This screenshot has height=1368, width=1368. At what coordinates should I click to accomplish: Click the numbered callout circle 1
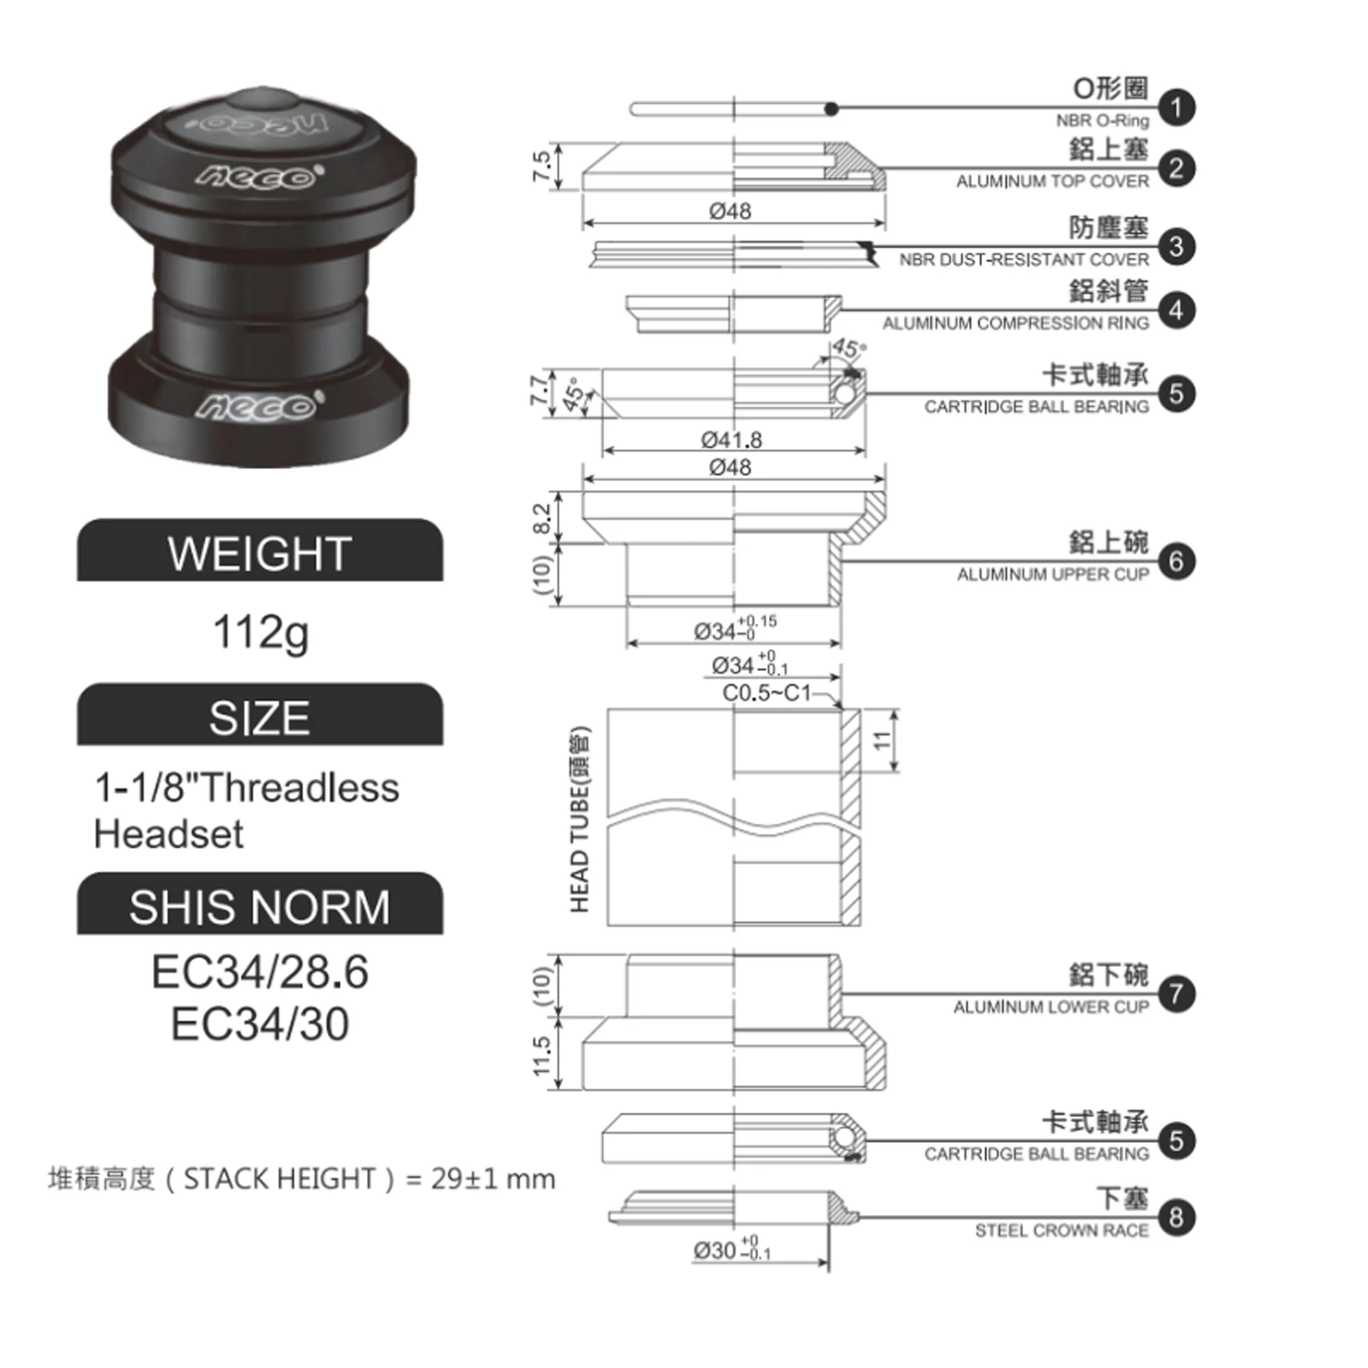coord(1176,108)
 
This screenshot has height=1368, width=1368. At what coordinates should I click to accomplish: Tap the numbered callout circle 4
coord(1176,310)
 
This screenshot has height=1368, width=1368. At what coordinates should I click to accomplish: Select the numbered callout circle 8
coord(1176,1217)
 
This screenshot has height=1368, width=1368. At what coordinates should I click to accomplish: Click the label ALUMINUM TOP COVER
coord(1053,181)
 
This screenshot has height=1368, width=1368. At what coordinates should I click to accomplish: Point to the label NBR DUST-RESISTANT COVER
coord(1023,259)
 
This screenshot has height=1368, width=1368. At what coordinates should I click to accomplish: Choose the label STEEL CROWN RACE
coord(1062,1230)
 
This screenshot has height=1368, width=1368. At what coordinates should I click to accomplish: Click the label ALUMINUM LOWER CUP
coord(1051,1007)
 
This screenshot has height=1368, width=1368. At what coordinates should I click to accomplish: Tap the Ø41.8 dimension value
coord(731,439)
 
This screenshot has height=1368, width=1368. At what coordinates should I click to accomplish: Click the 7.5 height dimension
coord(541,166)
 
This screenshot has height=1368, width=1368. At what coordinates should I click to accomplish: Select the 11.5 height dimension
coord(541,1057)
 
